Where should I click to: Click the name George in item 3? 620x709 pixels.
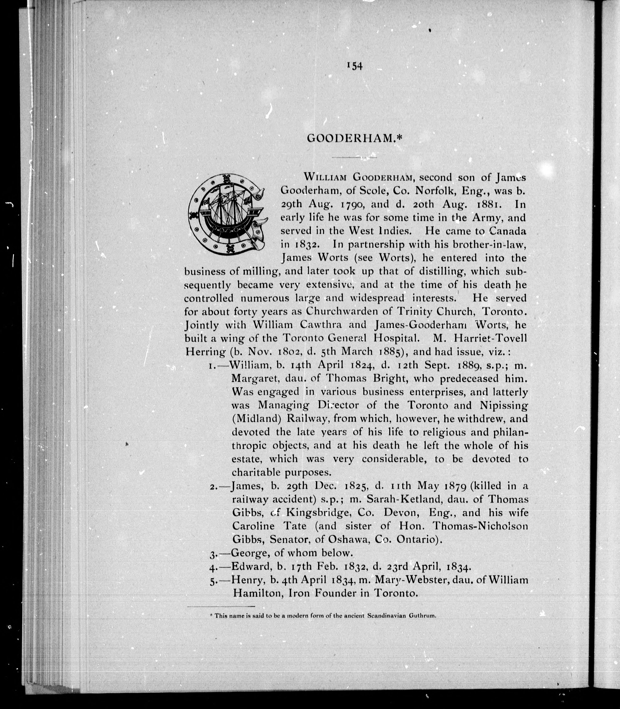point(250,553)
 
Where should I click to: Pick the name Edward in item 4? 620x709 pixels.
point(251,566)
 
